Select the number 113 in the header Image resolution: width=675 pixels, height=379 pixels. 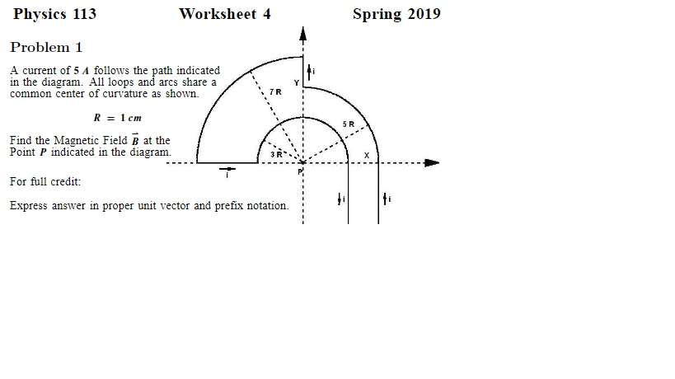[84, 14]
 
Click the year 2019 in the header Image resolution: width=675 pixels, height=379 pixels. [422, 14]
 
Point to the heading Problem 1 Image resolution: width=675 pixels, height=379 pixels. [46, 47]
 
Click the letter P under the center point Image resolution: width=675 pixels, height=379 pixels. [301, 171]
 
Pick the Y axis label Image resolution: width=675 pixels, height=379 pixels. [297, 83]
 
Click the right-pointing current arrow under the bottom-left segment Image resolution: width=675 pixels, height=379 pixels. [227, 171]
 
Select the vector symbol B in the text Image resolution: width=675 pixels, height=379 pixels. [134, 140]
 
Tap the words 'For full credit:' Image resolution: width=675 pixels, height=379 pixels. [45, 181]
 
